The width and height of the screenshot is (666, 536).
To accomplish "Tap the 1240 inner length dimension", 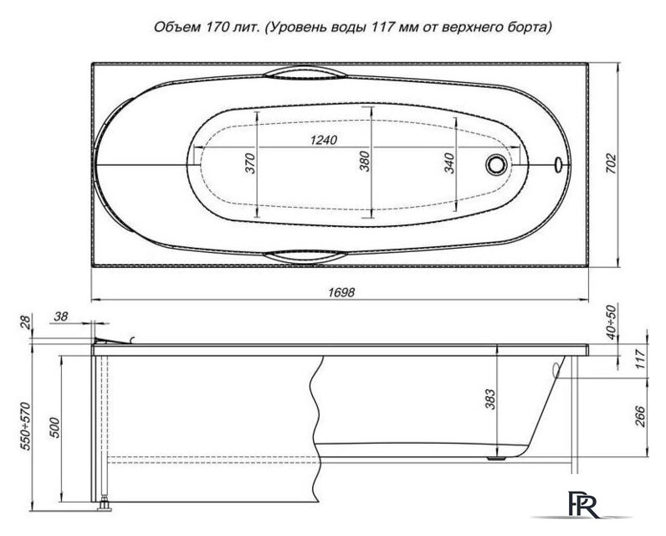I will [x=320, y=140].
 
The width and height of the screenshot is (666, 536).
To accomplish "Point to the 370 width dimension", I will [x=248, y=164].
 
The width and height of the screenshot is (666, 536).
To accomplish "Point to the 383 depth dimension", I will [x=489, y=400].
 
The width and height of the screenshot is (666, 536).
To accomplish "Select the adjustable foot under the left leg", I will [x=105, y=505].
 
